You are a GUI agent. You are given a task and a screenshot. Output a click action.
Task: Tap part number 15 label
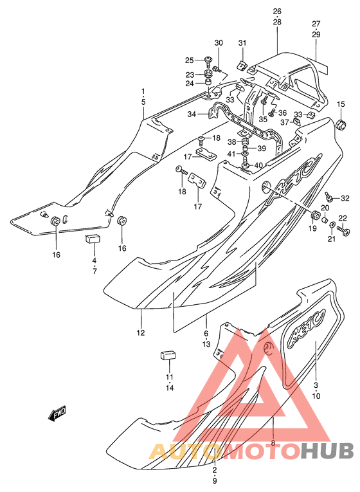341,104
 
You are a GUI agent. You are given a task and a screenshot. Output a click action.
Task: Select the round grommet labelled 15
341,124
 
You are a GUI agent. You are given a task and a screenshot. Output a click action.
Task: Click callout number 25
198,60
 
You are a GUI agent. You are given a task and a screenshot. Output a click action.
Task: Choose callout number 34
192,114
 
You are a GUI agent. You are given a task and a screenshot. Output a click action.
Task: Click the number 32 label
345,198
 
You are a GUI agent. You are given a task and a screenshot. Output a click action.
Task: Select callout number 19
312,228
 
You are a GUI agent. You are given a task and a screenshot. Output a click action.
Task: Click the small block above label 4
93,239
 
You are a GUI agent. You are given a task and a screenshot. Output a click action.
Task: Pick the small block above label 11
168,356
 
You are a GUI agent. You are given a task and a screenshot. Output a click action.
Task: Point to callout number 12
141,333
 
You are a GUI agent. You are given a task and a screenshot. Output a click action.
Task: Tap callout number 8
273,443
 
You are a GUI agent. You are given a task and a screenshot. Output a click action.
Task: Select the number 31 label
242,42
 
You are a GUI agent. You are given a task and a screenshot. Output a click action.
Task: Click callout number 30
219,42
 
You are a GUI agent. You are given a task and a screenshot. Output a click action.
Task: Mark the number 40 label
258,165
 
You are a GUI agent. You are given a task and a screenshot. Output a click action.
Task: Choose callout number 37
284,122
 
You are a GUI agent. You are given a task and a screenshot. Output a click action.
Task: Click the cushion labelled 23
207,75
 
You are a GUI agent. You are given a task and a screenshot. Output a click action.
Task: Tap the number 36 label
282,113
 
